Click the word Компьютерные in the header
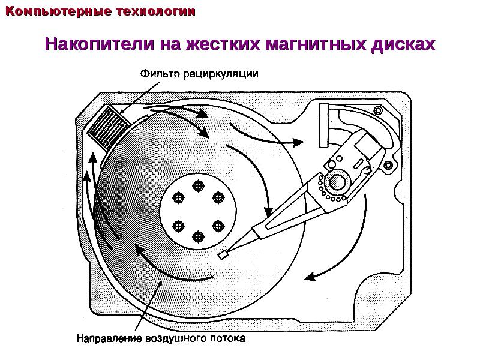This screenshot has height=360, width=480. coord(58,11)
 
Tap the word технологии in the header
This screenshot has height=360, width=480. coord(156,11)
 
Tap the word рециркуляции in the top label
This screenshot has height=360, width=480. coord(221,74)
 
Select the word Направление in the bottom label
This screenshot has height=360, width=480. coord(109,338)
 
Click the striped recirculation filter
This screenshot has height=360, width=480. coord(109,126)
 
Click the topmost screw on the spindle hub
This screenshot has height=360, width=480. coord(199,185)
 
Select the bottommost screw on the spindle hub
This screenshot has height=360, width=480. coord(199,236)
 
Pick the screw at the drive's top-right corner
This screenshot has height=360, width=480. coord(379,110)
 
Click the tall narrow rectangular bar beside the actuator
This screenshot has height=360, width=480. coord(323,125)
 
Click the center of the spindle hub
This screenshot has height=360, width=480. coord(199,211)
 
